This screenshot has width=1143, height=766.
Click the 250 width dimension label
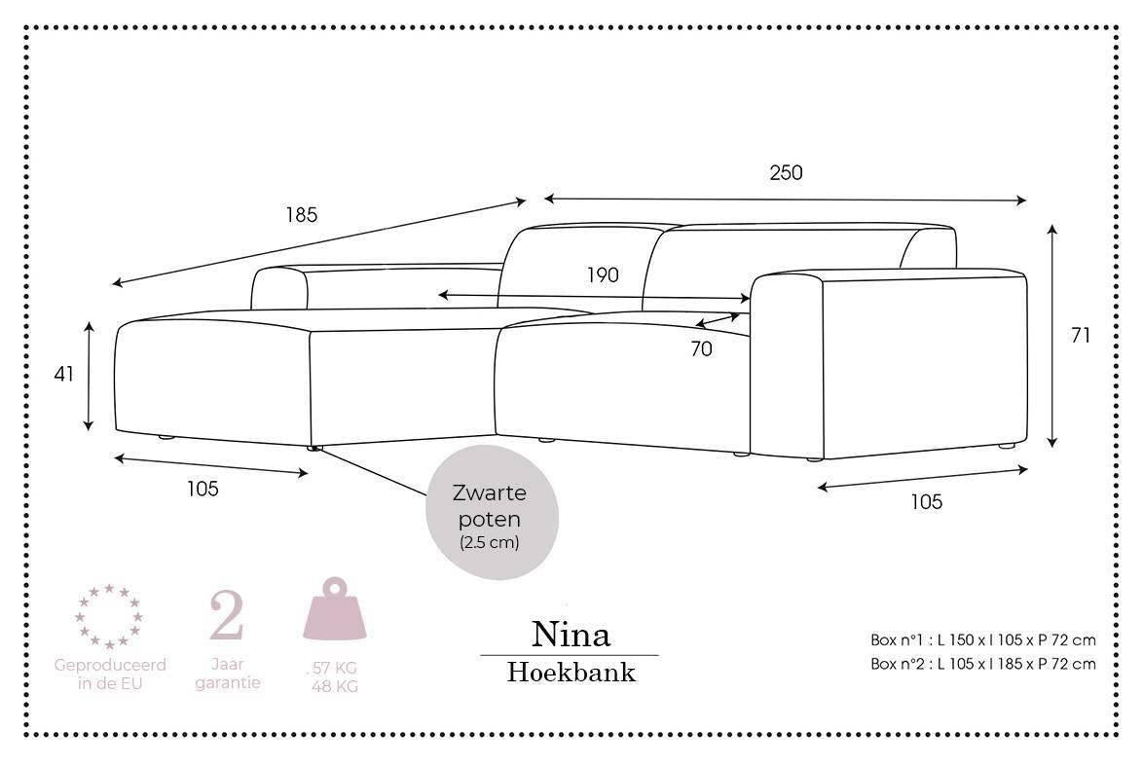pos(786,173)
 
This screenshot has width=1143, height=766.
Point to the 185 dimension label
pos(301,215)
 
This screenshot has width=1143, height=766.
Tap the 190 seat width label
pos(603,275)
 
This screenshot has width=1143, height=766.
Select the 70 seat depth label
pos(701,348)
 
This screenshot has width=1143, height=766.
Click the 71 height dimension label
pos(1080,336)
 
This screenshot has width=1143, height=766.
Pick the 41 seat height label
pos(64,374)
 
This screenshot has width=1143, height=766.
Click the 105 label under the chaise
pos(203,489)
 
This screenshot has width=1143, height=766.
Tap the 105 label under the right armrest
pos(926,502)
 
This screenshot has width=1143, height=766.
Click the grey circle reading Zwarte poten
pos(489,513)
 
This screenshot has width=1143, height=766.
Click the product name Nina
pos(571,635)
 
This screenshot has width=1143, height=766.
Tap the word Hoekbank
pos(571,672)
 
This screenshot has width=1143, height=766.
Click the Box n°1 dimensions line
pos(982,640)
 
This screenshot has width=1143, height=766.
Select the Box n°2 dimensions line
pos(982,664)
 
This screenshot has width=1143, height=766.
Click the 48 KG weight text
pos(335,687)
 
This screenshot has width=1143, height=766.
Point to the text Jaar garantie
pos(227,674)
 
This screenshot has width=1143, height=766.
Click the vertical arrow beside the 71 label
pos(1052,336)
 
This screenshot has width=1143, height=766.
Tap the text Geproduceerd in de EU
pos(109,674)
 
